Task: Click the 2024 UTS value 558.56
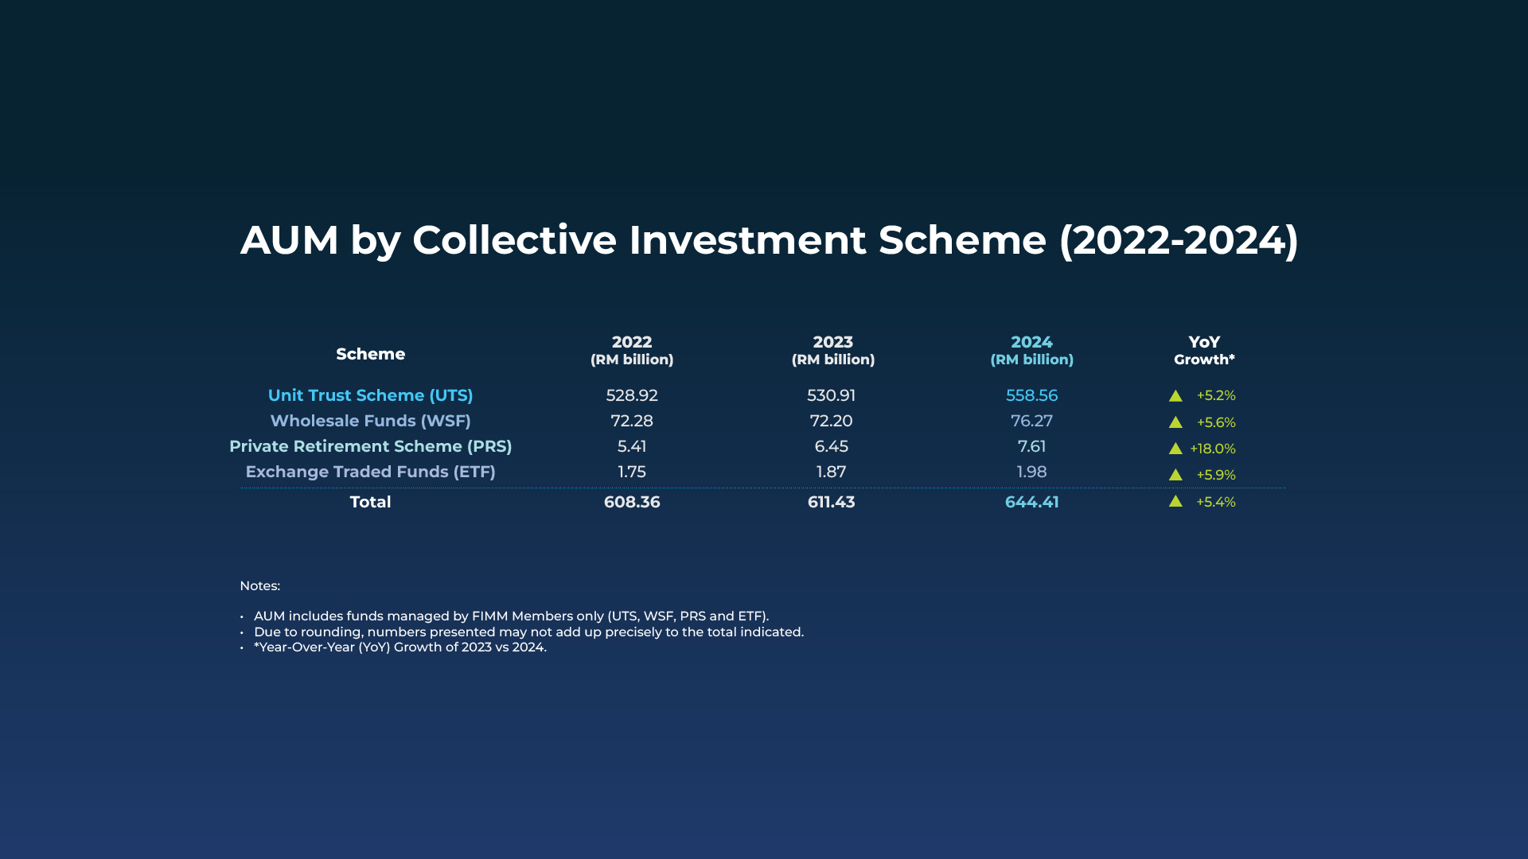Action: (1031, 395)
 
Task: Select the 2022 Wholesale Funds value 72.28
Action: (632, 421)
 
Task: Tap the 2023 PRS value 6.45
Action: (831, 446)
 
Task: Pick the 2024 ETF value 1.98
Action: (1031, 472)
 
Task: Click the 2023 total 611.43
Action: (831, 502)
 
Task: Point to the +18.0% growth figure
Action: (1213, 449)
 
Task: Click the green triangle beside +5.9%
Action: (1175, 475)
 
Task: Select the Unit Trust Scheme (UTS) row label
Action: (371, 395)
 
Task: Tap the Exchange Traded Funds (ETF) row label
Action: (371, 472)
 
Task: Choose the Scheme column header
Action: (371, 354)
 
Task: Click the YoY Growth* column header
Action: (1204, 350)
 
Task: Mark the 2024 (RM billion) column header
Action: (1031, 350)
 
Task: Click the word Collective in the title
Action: (514, 239)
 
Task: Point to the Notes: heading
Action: (260, 585)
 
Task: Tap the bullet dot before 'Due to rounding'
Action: (242, 633)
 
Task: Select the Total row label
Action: (371, 502)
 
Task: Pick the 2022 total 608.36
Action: (632, 502)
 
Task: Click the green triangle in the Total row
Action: (1175, 501)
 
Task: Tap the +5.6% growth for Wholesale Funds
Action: (1216, 422)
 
